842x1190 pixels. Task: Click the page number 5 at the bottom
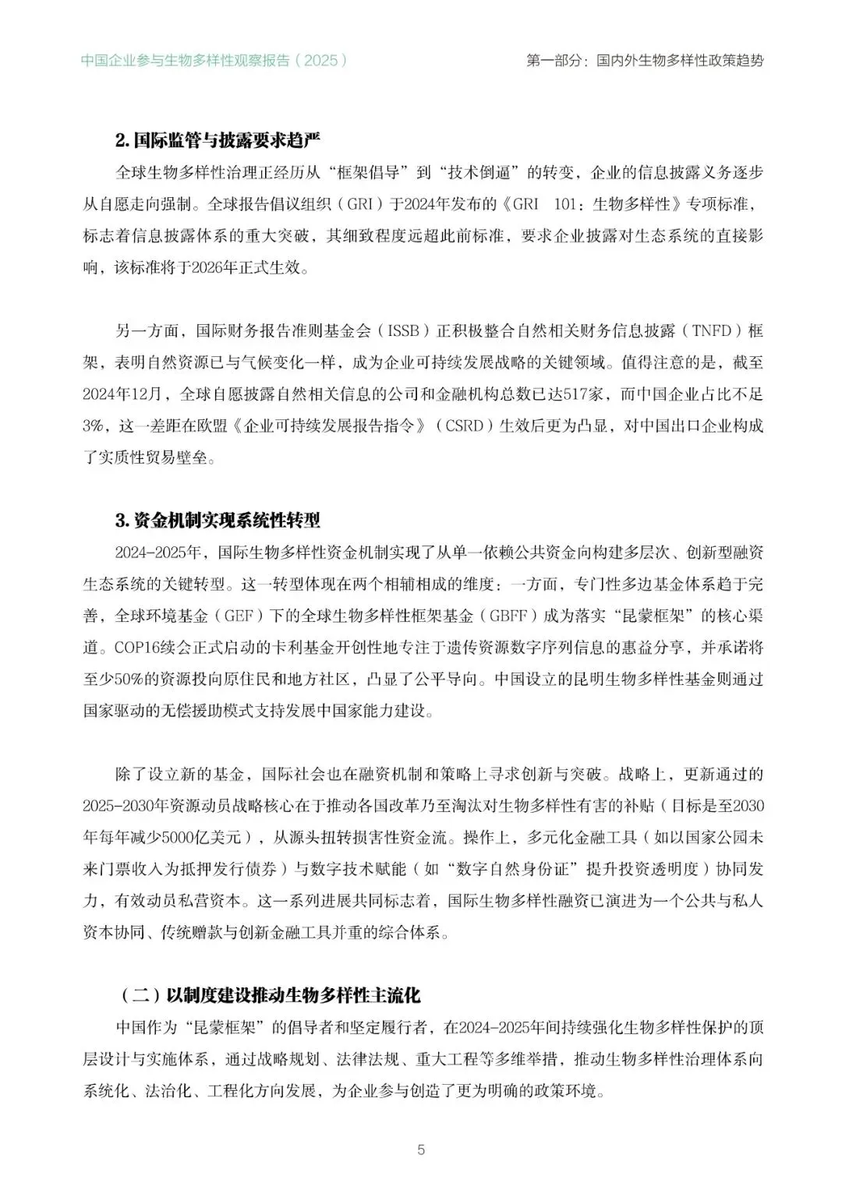point(421,1149)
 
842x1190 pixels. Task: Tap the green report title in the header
point(214,60)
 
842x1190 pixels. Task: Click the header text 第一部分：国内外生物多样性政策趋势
point(645,60)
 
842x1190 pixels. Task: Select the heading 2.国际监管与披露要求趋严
point(218,141)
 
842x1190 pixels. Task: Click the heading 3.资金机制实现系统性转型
point(218,521)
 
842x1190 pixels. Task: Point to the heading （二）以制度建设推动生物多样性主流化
point(270,995)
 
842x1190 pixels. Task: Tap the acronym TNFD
point(711,330)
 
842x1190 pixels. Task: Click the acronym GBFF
point(508,616)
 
